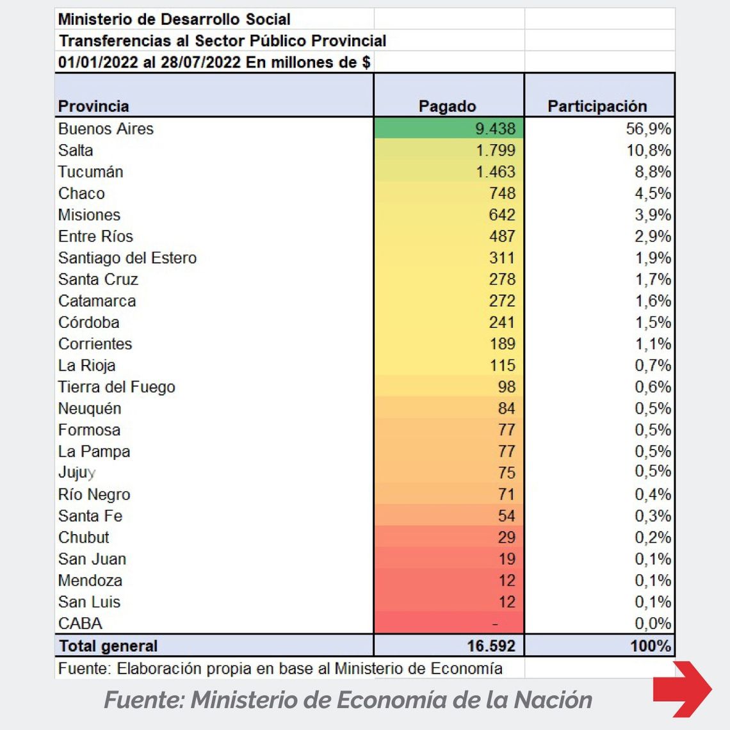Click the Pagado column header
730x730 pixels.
447,106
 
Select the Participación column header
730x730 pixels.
597,106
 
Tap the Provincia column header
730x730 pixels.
93,106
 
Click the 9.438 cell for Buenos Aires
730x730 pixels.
495,129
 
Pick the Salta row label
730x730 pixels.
76,150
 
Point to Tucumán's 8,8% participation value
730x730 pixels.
653,172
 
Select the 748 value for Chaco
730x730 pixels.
502,193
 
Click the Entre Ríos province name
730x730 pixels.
95,236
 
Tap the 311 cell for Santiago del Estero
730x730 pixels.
502,258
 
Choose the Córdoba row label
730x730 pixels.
88,322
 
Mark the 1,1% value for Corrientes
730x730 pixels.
653,344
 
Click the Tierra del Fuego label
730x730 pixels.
117,387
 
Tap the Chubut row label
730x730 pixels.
83,537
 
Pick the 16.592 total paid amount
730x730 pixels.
491,645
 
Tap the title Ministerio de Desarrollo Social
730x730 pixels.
174,19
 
